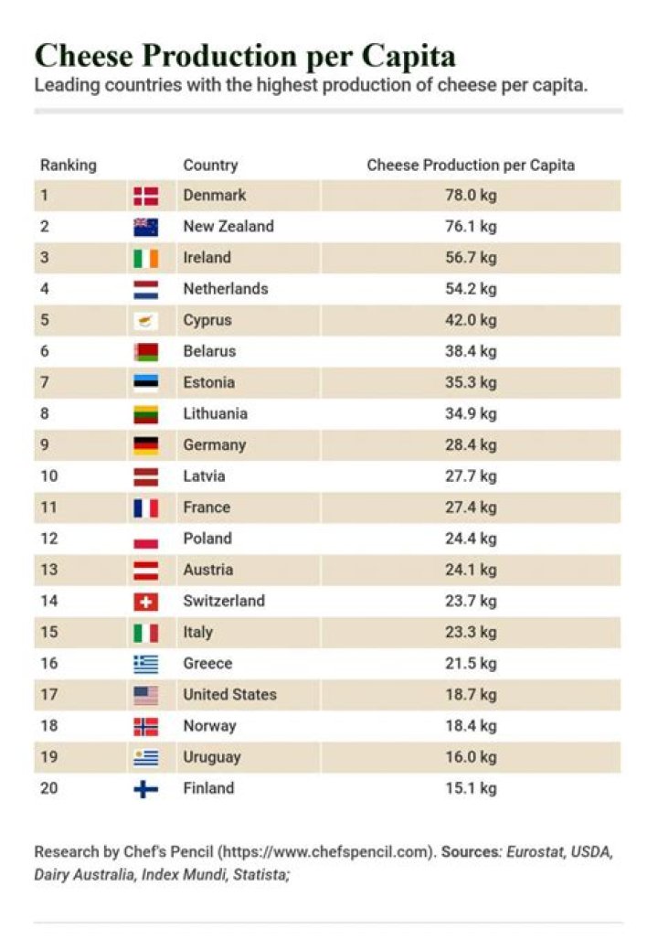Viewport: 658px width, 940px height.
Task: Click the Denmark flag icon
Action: (145, 196)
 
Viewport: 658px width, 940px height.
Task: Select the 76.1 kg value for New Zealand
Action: (471, 227)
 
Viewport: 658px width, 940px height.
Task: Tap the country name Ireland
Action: (207, 258)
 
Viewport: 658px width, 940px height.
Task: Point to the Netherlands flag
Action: (145, 290)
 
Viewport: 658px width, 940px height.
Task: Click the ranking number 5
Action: (45, 321)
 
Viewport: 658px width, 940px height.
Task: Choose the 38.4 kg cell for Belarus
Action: (471, 351)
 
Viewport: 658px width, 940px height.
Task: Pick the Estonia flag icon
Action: (145, 383)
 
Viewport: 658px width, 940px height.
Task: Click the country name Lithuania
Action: (215, 413)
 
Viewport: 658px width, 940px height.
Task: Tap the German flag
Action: (145, 445)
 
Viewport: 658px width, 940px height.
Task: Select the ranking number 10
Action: (48, 476)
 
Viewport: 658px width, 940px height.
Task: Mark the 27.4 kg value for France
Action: (471, 507)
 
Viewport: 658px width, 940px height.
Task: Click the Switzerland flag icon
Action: (145, 602)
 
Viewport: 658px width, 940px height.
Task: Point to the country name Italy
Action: (197, 633)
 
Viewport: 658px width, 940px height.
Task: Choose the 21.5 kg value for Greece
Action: (471, 664)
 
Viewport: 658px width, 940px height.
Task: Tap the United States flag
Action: (145, 696)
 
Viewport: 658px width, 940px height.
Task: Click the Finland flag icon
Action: (145, 789)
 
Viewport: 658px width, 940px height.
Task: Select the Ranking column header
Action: (68, 166)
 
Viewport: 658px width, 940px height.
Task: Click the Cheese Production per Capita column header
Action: (471, 166)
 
